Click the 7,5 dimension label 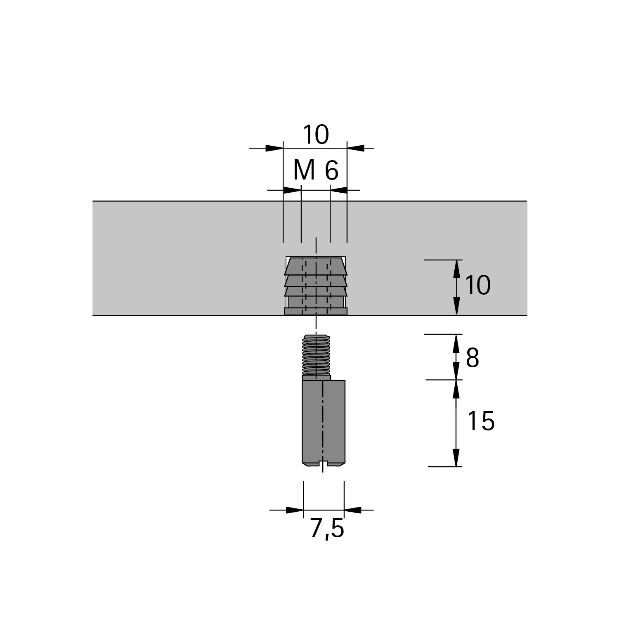[326, 529]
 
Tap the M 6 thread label [316, 170]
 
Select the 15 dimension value [481, 421]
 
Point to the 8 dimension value [473, 358]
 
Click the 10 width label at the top [316, 135]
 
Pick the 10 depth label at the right [478, 285]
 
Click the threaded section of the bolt [317, 355]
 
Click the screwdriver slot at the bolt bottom [323, 465]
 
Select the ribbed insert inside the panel [316, 286]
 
